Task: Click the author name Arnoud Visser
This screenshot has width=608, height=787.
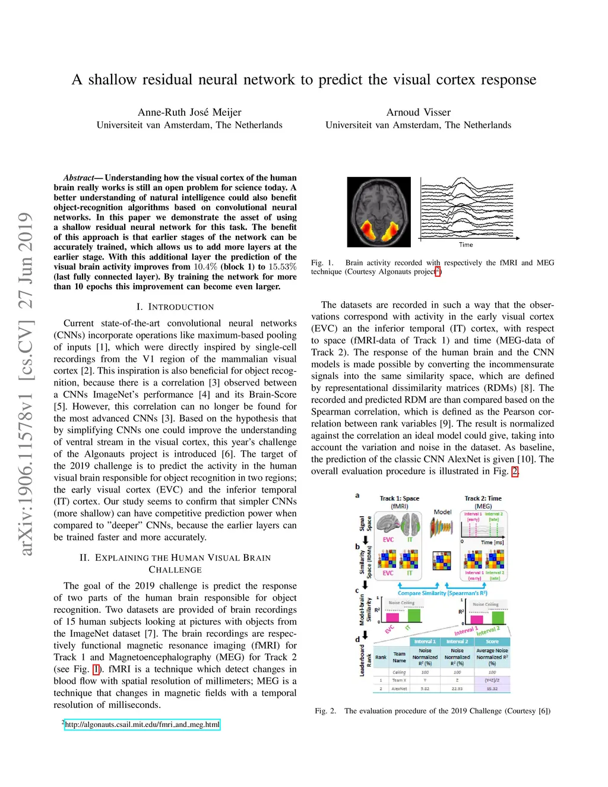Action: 418,112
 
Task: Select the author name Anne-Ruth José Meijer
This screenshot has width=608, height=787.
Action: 189,112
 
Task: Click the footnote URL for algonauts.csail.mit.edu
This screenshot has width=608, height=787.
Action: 142,725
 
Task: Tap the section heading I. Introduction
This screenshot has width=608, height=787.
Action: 175,307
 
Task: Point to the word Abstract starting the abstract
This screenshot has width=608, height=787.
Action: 78,178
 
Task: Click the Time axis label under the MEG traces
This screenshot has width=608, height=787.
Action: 465,245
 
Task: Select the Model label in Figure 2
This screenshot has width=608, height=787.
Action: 442,511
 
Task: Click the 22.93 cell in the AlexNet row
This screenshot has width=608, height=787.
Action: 457,689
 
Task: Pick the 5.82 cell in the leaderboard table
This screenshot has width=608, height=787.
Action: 425,689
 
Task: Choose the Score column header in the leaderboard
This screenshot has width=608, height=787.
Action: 492,641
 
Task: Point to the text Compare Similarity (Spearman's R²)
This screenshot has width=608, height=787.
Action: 442,593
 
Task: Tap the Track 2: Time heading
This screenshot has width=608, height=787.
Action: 483,498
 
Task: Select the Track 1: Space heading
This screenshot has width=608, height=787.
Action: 400,498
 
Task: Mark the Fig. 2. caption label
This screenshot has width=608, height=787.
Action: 325,711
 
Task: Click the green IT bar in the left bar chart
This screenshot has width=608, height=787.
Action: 413,615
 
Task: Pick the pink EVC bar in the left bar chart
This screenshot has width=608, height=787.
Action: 392,617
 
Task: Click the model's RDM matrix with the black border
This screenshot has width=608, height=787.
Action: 442,560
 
